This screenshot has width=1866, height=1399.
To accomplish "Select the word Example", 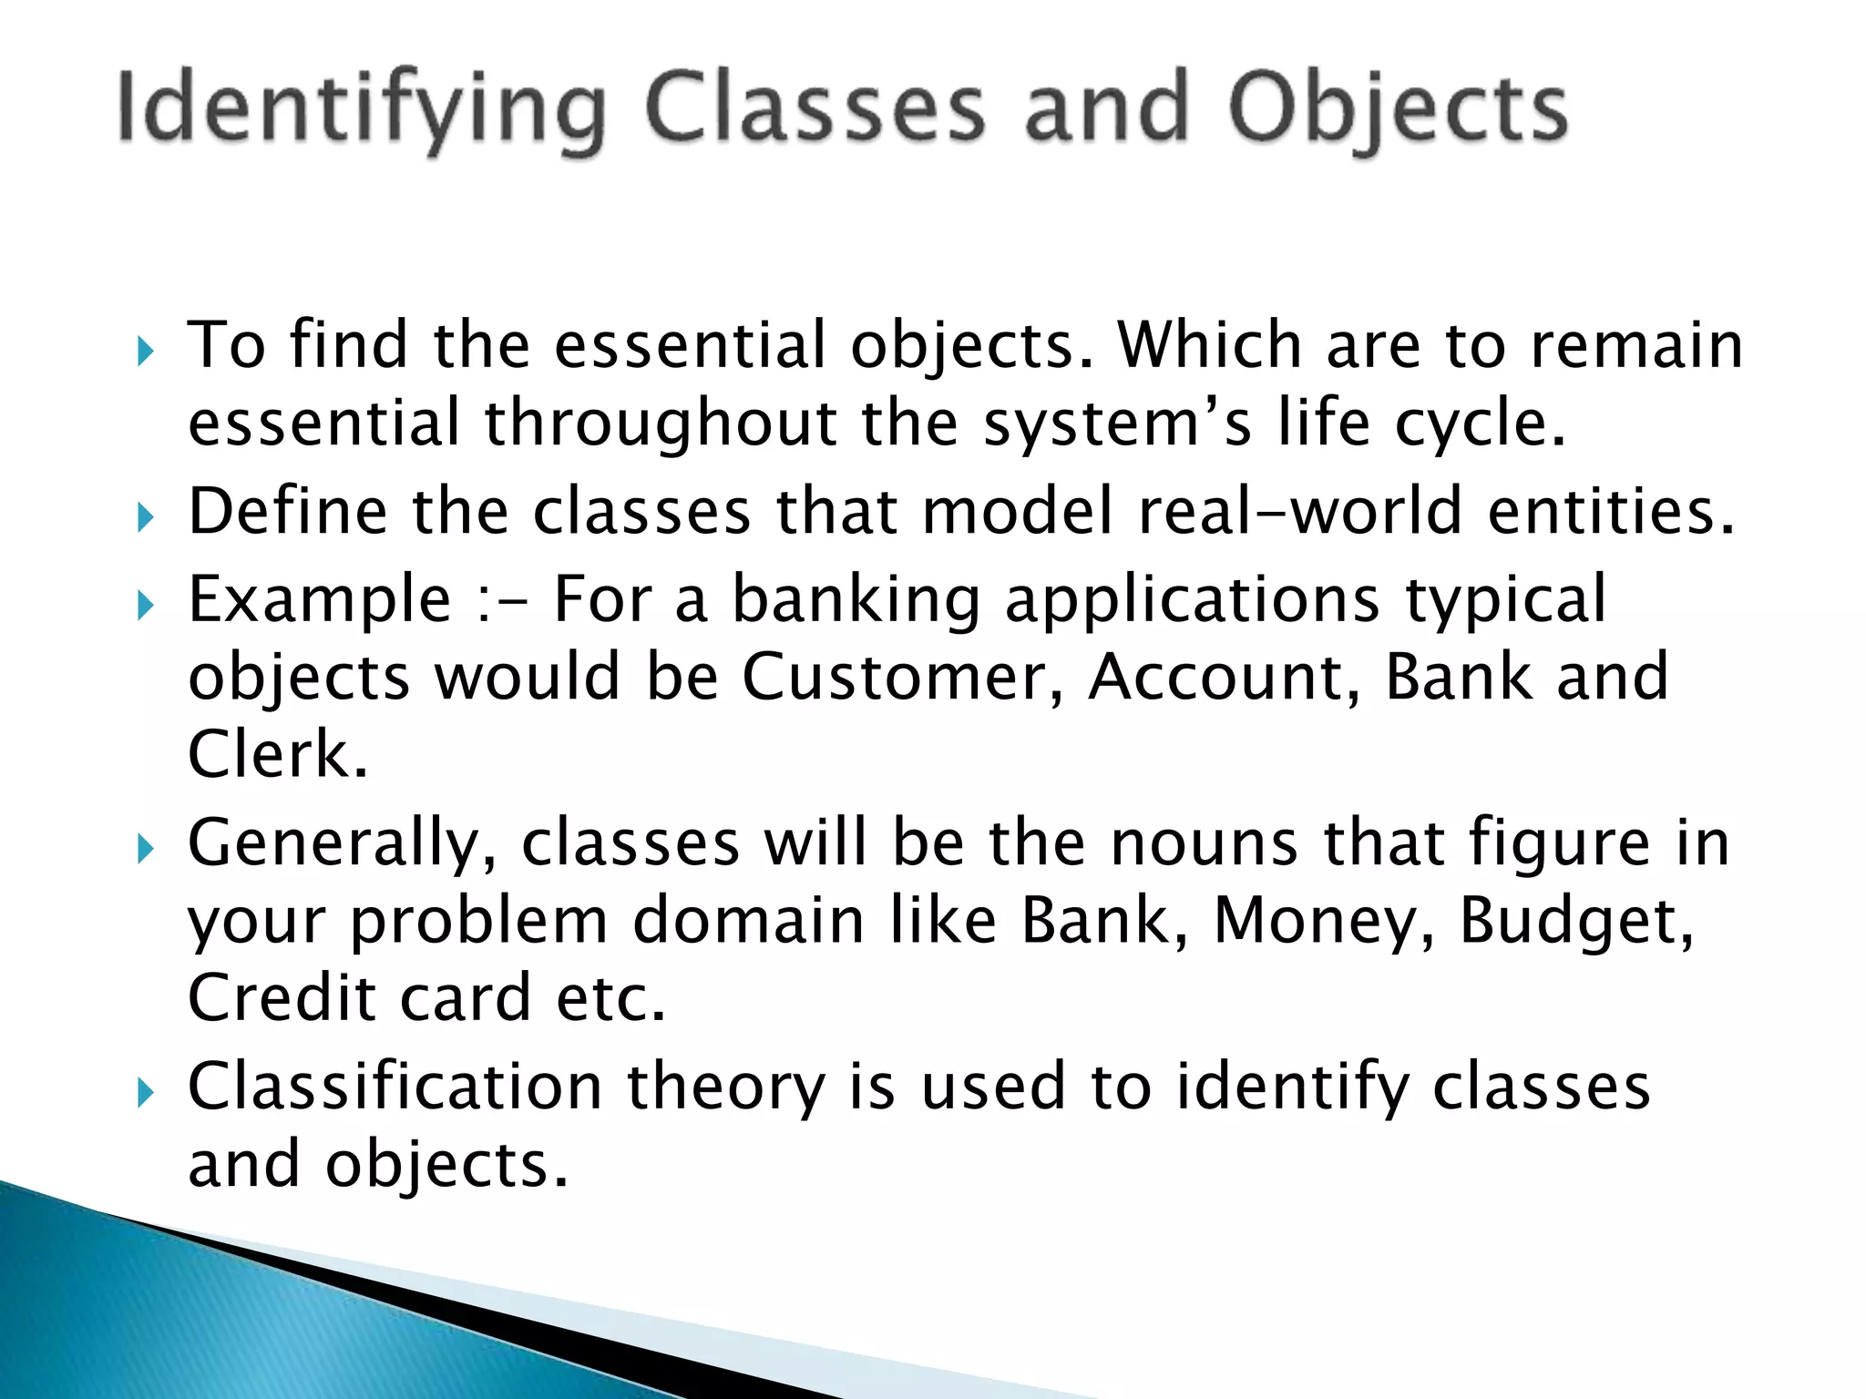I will (x=320, y=599).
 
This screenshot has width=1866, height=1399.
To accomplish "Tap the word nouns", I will (x=1204, y=842).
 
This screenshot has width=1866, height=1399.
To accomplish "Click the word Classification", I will (x=395, y=1087).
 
